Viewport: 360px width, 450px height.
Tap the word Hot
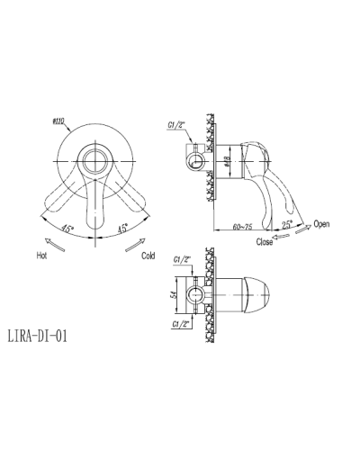pos(42,256)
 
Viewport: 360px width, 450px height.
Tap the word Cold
pos(148,256)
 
